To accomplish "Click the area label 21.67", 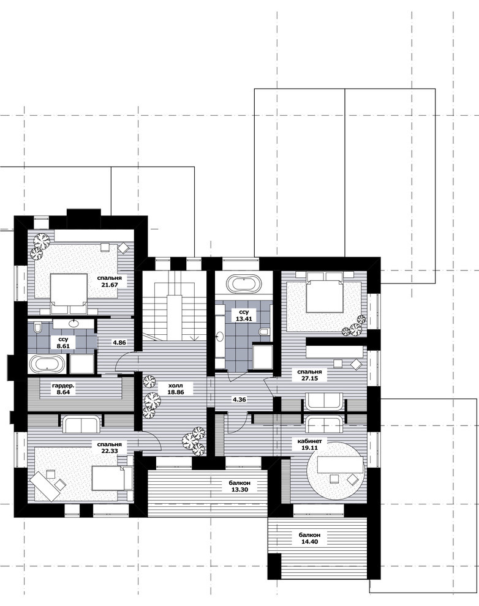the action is [x=110, y=285].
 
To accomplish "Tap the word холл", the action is [x=176, y=385].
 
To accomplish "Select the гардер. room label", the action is [x=64, y=385].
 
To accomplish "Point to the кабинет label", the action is [x=309, y=441].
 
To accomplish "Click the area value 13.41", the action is [x=244, y=319].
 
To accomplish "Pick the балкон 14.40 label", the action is [x=309, y=539].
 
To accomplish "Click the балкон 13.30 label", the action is [x=240, y=486].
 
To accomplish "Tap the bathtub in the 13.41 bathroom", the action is [x=244, y=284].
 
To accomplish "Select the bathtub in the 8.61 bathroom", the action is [x=47, y=364].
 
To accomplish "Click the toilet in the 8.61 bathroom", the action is [x=38, y=327].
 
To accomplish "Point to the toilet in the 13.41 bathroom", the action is [x=263, y=332].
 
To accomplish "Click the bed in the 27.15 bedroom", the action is [x=325, y=292].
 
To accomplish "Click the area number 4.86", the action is [x=119, y=342].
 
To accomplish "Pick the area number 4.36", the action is [x=239, y=399].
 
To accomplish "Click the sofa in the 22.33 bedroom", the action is [x=81, y=424].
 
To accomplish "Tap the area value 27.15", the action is [x=310, y=378].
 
